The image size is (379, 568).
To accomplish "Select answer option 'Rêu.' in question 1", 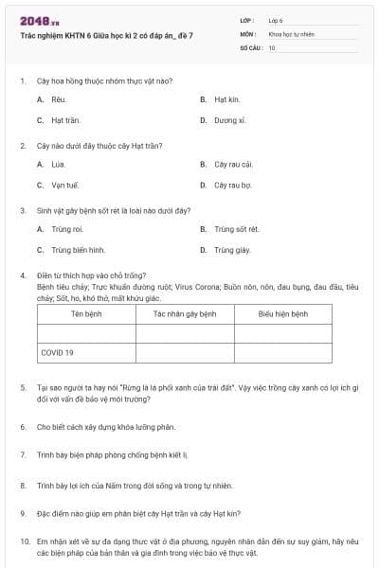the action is (x=58, y=99).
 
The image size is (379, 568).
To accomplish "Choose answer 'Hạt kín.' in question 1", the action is (x=226, y=99).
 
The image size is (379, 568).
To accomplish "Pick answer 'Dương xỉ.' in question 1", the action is (x=229, y=120).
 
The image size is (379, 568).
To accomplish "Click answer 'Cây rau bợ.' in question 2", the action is (x=232, y=185).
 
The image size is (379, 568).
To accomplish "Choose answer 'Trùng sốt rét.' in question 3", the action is (x=236, y=229).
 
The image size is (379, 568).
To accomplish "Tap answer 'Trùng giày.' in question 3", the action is (x=232, y=250).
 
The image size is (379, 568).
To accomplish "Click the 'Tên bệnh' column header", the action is (x=86, y=313).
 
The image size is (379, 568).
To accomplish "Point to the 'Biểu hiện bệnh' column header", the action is (x=283, y=313).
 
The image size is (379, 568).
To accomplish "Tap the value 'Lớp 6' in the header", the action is (x=275, y=19).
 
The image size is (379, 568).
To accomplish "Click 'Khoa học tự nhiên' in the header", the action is (x=290, y=33).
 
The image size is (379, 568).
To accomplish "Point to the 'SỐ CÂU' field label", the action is (x=250, y=47).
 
